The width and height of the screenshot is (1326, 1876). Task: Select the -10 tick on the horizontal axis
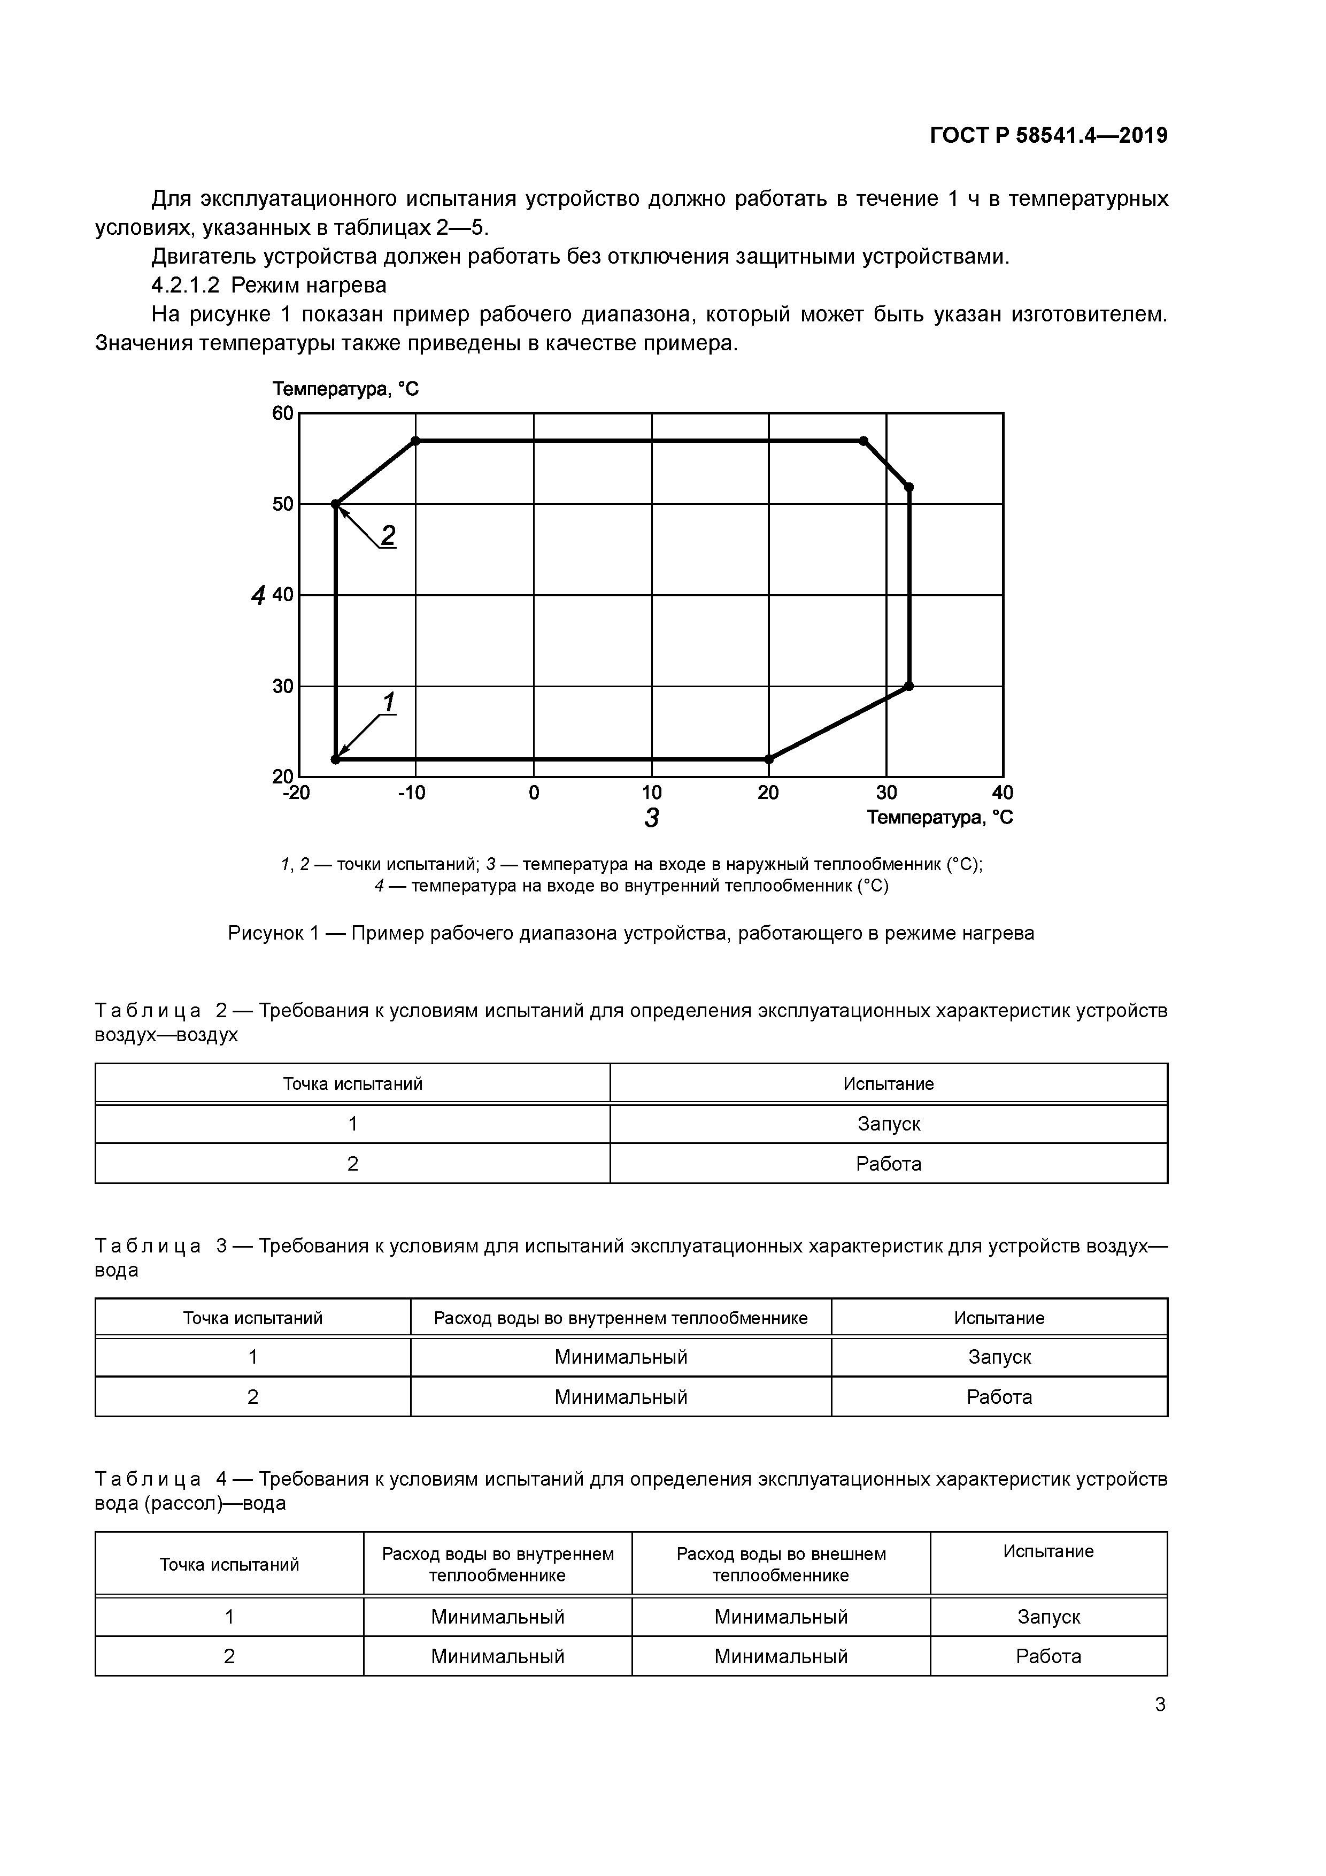(x=412, y=793)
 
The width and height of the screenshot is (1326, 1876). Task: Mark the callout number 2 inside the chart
(x=388, y=536)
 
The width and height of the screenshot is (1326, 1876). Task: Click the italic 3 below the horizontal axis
(x=651, y=818)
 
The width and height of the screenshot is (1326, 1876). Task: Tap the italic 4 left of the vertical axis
(x=258, y=596)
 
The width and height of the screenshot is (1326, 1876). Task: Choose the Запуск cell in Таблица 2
(x=888, y=1124)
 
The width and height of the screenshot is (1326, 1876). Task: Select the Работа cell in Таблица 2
(x=888, y=1164)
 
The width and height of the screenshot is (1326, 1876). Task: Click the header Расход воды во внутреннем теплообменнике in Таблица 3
(x=620, y=1318)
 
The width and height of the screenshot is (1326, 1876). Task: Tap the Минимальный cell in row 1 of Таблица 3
(x=620, y=1357)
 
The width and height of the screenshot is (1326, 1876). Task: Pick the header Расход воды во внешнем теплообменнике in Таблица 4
(x=780, y=1564)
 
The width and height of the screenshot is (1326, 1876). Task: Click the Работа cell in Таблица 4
(x=1048, y=1656)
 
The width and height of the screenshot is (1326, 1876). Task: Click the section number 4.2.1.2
(x=186, y=285)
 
